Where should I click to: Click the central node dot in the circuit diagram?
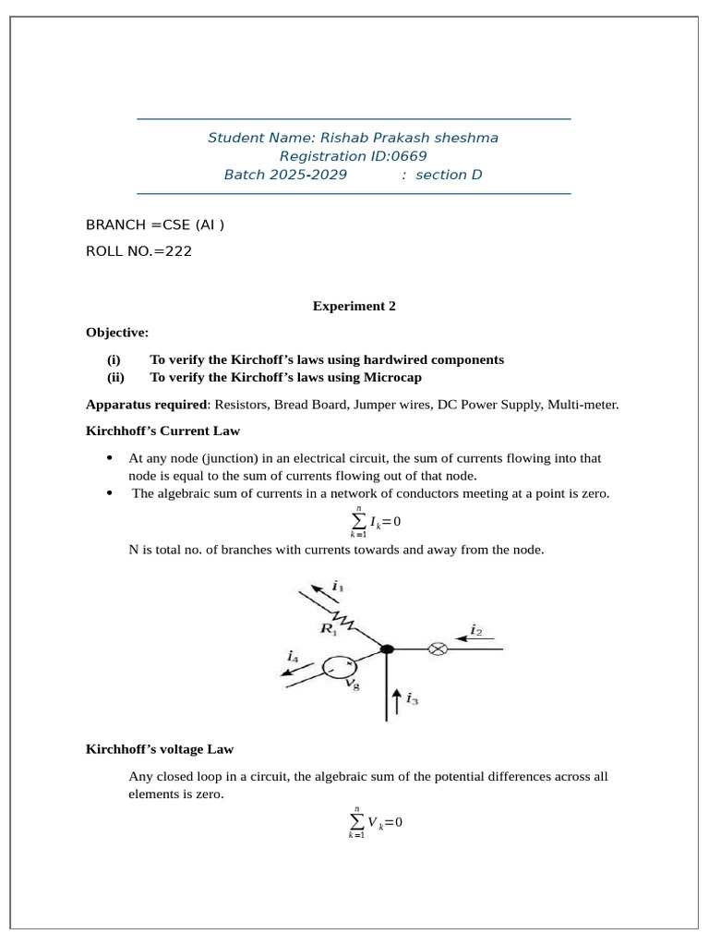click(388, 649)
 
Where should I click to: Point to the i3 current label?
click(413, 701)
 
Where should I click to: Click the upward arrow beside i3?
click(397, 700)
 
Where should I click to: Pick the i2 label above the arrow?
click(476, 630)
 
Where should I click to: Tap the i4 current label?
click(293, 657)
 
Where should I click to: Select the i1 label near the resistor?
click(338, 587)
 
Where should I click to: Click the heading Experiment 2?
click(354, 307)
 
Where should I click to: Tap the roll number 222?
click(179, 250)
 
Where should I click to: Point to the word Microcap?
click(397, 377)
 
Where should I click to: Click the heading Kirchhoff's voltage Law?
click(165, 748)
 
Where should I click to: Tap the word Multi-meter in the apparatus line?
click(586, 404)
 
